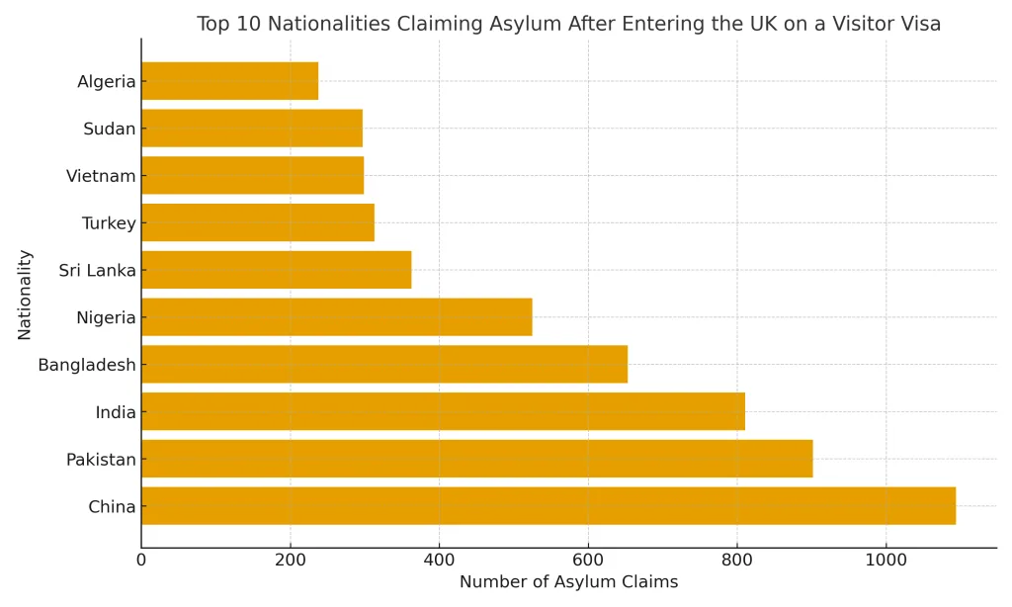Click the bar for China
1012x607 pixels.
(548, 506)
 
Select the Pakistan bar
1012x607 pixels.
(476, 459)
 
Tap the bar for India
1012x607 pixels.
(443, 411)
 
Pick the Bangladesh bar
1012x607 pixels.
(384, 364)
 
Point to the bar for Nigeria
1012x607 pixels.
(336, 317)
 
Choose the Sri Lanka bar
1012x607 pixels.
(276, 270)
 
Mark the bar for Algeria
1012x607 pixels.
(229, 81)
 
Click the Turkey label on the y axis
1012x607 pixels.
(109, 223)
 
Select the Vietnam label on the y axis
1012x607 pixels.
(101, 176)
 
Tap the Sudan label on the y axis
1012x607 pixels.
(109, 129)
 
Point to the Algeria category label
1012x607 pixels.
(106, 81)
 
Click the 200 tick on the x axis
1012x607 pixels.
(290, 561)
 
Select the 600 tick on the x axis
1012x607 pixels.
(588, 561)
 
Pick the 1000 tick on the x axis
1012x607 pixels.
(885, 561)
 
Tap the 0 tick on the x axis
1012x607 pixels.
(141, 561)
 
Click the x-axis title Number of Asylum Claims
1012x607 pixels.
(568, 582)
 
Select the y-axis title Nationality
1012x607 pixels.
(25, 295)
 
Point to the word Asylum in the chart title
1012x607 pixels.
(534, 24)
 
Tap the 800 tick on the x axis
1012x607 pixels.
(737, 561)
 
